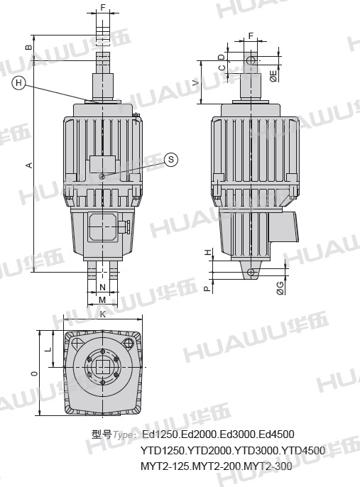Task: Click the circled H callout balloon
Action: coord(19,83)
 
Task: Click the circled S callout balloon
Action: coord(171,159)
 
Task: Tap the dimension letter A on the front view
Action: coord(29,165)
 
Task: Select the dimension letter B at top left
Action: coord(28,47)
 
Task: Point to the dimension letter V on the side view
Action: coord(195,82)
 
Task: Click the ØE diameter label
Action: coord(273,76)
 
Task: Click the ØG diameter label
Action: coord(280,288)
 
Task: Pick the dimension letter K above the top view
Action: coord(103,314)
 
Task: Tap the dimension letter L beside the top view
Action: coord(48,349)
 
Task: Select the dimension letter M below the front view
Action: coord(102,300)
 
